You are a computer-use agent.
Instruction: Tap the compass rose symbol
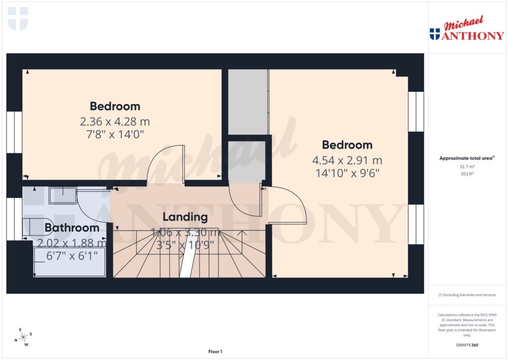pos(23,337)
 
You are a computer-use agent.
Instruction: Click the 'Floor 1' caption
pos(215,352)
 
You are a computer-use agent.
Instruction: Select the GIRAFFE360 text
pos(466,345)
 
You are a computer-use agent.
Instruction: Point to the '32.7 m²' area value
pos(466,167)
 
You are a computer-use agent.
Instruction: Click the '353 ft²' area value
pos(466,174)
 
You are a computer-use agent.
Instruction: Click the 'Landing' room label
pos(185,217)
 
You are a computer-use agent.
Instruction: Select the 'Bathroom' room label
pos(72,228)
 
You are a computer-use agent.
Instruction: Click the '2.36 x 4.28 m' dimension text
pos(115,121)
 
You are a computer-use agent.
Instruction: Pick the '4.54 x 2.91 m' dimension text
pos(347,160)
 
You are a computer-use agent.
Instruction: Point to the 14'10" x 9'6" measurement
pos(347,173)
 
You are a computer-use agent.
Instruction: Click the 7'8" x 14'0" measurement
pos(115,134)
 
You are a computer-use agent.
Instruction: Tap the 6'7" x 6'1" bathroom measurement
pos(72,255)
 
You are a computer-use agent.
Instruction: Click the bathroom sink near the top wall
pos(62,196)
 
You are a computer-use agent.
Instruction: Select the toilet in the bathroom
pos(37,226)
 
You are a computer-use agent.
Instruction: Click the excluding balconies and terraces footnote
pos(466,295)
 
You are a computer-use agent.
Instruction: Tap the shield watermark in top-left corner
pos(18,18)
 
